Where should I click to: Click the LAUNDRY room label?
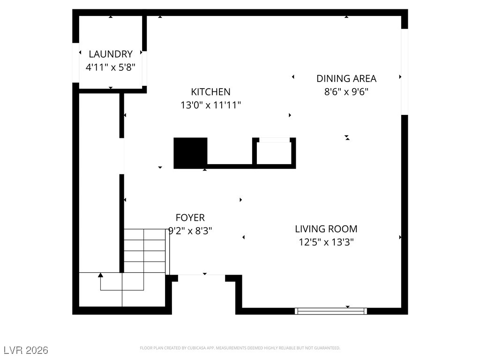pyautogui.click(x=111, y=54)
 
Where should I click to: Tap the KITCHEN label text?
pyautogui.click(x=210, y=92)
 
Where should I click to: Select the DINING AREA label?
pyautogui.click(x=346, y=79)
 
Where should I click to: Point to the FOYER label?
pyautogui.click(x=190, y=217)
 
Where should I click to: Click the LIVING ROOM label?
pyautogui.click(x=326, y=229)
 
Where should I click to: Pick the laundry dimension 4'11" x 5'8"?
pyautogui.click(x=111, y=67)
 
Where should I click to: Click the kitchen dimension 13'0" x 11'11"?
pyautogui.click(x=210, y=105)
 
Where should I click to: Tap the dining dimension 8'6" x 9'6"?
pyautogui.click(x=346, y=92)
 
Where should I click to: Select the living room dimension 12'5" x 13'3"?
pyautogui.click(x=326, y=242)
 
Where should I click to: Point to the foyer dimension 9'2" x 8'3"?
pyautogui.click(x=190, y=231)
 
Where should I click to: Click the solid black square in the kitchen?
pyautogui.click(x=190, y=153)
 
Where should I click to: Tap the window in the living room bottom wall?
pyautogui.click(x=331, y=311)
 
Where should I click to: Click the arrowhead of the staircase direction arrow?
pyautogui.click(x=100, y=275)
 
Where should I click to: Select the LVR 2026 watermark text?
pyautogui.click(x=26, y=350)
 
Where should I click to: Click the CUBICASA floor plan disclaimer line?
pyautogui.click(x=240, y=348)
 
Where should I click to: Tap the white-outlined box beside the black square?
pyautogui.click(x=274, y=153)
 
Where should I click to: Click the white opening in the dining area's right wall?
pyautogui.click(x=405, y=72)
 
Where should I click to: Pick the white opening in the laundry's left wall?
pyautogui.click(x=75, y=63)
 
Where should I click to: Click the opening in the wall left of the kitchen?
pyautogui.click(x=121, y=156)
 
